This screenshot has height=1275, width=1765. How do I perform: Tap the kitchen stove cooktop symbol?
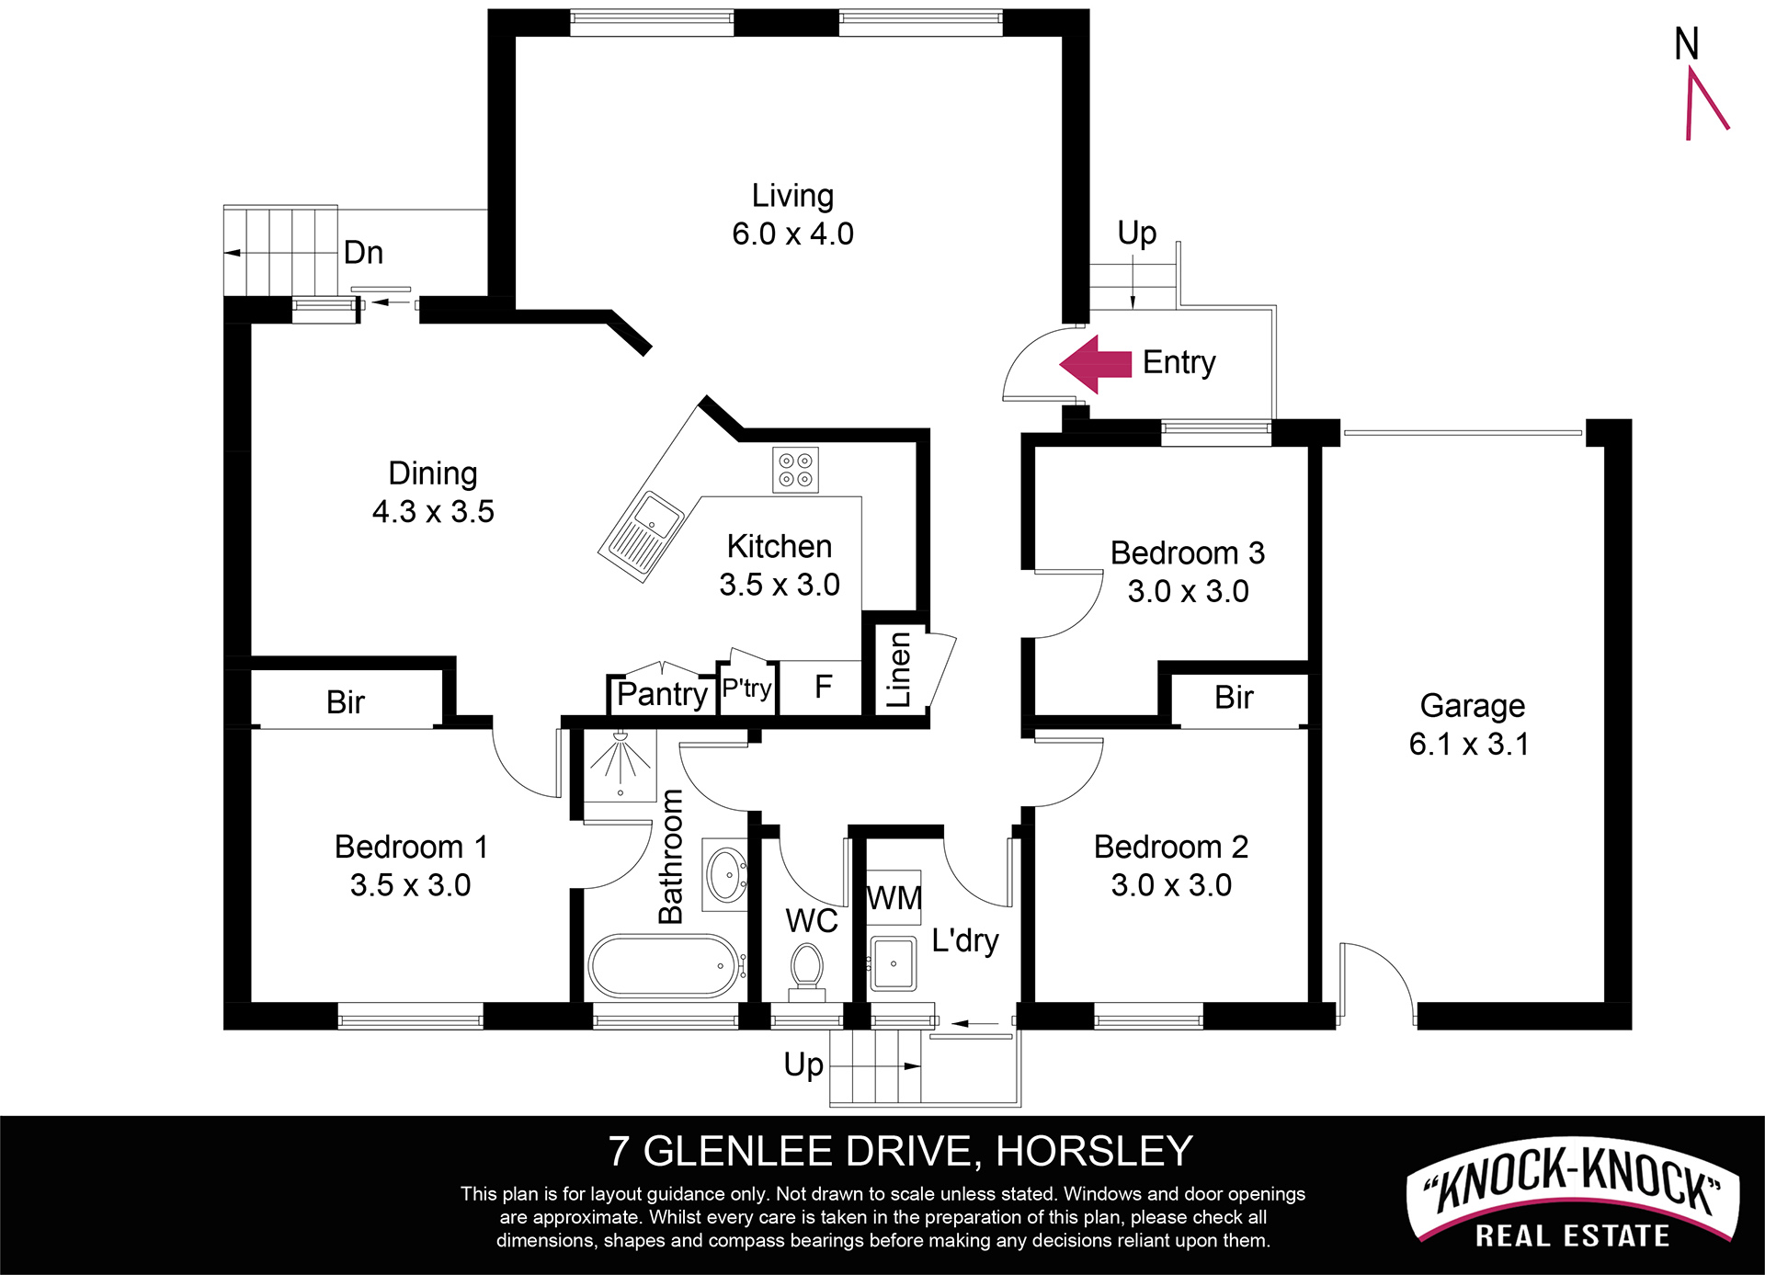click(x=795, y=470)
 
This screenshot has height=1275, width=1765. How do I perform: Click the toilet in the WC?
click(x=806, y=970)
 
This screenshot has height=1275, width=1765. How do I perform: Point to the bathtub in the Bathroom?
click(x=667, y=966)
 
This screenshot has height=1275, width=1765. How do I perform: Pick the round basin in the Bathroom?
click(x=726, y=874)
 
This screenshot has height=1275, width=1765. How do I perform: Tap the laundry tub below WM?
click(x=893, y=963)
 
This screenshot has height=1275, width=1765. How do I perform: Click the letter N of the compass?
click(x=1686, y=44)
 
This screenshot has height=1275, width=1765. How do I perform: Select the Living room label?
click(x=792, y=196)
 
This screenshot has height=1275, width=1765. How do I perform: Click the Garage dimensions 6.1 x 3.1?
click(x=1469, y=744)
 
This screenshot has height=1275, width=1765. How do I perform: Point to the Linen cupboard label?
click(x=898, y=670)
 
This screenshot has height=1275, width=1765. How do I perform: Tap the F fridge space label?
click(x=823, y=686)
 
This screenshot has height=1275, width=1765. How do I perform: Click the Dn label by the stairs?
click(x=363, y=253)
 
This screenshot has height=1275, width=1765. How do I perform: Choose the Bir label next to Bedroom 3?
click(x=1234, y=698)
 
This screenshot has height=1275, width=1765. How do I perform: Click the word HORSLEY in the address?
click(x=1094, y=1152)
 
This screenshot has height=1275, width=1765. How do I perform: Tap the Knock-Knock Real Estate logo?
click(x=1572, y=1206)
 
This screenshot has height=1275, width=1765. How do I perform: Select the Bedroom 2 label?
click(x=1171, y=847)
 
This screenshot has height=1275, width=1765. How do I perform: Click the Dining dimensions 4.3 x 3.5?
click(x=433, y=511)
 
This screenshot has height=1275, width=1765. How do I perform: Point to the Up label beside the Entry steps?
click(x=1136, y=233)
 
